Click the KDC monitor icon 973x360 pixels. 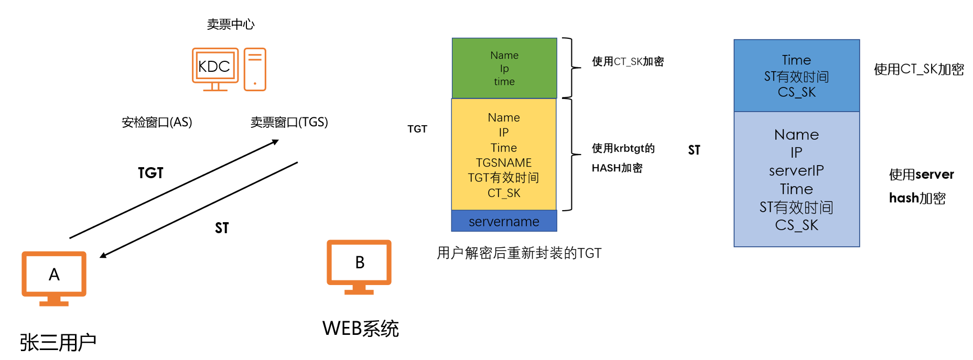tap(215, 68)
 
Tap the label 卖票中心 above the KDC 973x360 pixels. tap(231, 24)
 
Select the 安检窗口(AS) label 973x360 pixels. tap(157, 122)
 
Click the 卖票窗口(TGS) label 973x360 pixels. tap(289, 122)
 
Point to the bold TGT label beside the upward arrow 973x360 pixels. tap(150, 173)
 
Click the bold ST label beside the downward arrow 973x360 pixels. tap(222, 228)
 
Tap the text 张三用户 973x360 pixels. tap(58, 342)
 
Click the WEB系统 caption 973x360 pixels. tap(360, 329)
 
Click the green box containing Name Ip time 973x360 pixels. tap(504, 68)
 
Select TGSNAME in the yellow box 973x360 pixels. tap(504, 163)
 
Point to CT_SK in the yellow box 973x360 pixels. tap(504, 193)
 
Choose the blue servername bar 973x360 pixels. tap(504, 221)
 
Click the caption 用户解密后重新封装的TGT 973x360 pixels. tap(519, 253)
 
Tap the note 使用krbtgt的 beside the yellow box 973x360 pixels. tap(623, 148)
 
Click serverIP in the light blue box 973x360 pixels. tap(796, 171)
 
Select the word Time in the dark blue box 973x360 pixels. tap(796, 60)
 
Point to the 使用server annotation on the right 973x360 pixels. tap(921, 174)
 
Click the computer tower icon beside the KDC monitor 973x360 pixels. tap(255, 69)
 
